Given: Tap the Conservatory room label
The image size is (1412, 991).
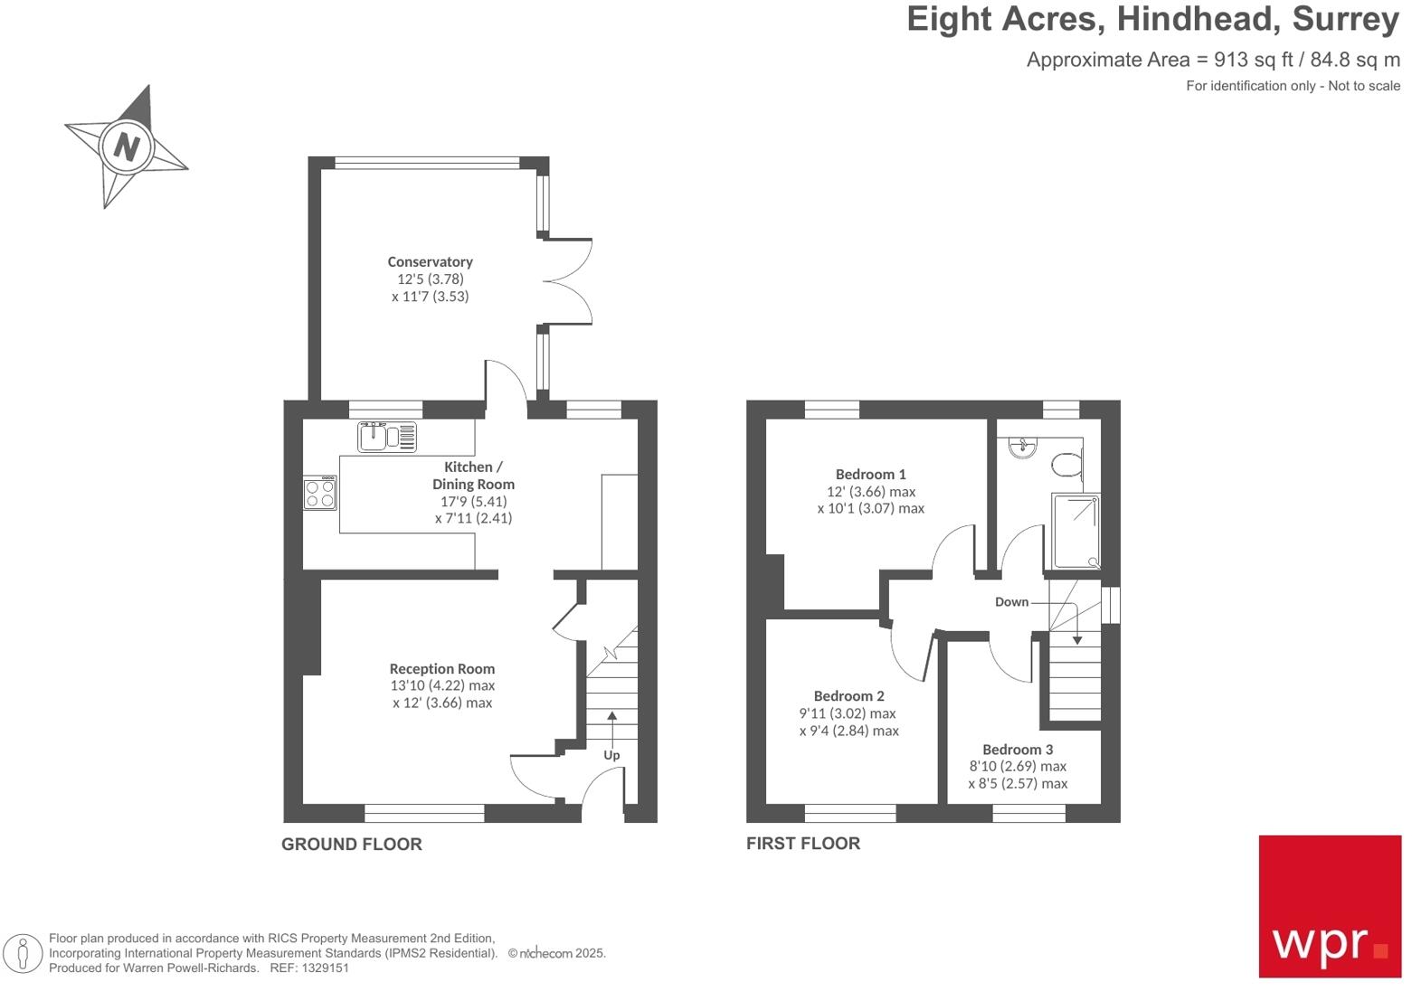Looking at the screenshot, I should pos(430,261).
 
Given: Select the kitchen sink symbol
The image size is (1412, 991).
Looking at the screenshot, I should pos(387,437).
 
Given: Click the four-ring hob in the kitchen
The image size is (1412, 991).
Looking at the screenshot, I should pos(320,493).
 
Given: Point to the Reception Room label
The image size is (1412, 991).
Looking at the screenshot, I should pos(441,669).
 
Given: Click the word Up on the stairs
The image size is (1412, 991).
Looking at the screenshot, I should pos(611,755).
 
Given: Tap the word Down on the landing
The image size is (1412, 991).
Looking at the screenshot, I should pos(1011,602).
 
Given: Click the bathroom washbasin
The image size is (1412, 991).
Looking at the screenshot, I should pos(1023,448).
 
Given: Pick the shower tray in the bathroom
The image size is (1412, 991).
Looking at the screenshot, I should pos(1076,531).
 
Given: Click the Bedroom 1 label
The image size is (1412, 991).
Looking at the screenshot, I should pos(870,474).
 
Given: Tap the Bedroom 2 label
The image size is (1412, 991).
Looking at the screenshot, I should pos(848,696).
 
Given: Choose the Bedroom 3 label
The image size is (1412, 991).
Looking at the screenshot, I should pos(1018,750).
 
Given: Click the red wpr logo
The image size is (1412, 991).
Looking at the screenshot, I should pos(1330,906).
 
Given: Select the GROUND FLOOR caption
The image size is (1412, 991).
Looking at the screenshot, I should pos(351,845).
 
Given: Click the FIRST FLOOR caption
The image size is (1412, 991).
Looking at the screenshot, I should pos(802,844).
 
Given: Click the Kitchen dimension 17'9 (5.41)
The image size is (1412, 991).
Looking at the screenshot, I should pos(473,501).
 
